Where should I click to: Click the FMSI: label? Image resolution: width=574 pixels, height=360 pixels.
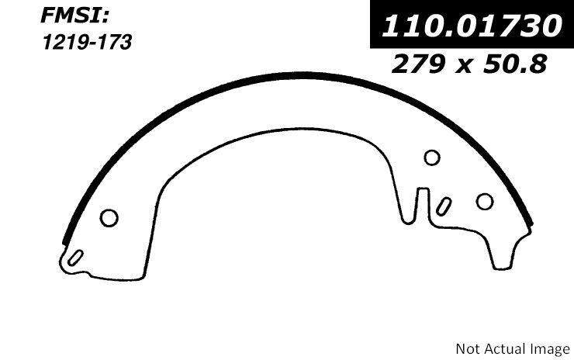coord(74,16)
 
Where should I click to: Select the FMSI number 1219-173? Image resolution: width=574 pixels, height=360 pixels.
coord(87,42)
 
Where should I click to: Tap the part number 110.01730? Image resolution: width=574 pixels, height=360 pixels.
coord(472,26)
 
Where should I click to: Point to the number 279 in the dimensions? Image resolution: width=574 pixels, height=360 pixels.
coord(418,64)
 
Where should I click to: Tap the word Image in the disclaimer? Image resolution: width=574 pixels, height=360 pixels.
coord(550,349)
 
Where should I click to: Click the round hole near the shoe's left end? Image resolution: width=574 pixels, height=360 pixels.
coord(109,218)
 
